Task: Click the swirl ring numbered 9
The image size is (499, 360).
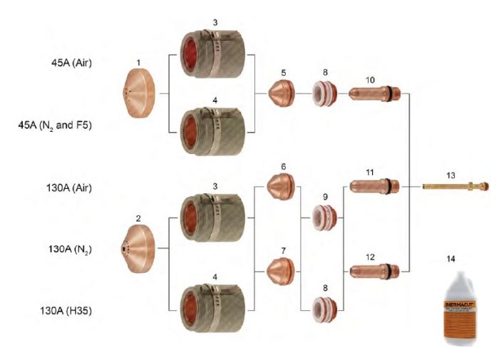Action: (x=326, y=217)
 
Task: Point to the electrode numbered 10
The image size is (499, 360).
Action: (x=376, y=93)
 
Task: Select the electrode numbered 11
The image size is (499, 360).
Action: (x=376, y=187)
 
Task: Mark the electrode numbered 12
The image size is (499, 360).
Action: (x=376, y=270)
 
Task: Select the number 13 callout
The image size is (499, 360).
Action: (x=451, y=174)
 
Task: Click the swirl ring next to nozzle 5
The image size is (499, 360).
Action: (x=326, y=93)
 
